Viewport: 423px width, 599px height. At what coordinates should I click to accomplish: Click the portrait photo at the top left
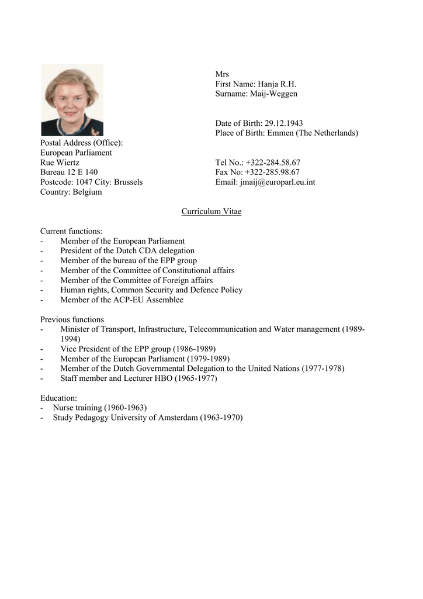point(72,99)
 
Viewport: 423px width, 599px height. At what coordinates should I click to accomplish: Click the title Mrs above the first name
point(222,74)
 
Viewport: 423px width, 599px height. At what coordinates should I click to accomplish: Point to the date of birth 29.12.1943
point(284,123)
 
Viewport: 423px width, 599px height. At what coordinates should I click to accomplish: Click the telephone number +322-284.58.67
point(273,163)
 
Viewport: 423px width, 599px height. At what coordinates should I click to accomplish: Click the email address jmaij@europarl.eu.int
point(278,183)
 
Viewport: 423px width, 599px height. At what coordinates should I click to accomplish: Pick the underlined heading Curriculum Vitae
point(211,211)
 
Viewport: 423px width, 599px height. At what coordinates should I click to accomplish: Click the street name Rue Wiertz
point(60,163)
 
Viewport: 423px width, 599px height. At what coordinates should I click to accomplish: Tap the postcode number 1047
point(85,183)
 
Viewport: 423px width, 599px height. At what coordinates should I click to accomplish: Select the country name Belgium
point(87,192)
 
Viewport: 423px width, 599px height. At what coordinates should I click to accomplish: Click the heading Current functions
point(71,231)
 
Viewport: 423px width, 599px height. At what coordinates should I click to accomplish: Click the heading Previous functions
point(72,319)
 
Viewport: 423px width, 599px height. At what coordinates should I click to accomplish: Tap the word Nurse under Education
point(64,408)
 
